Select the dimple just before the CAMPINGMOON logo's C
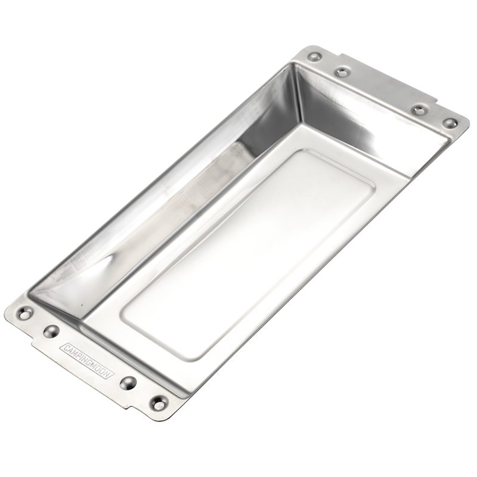click(x=51, y=331)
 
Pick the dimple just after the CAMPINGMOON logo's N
click(x=128, y=383)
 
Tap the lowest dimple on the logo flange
click(x=159, y=403)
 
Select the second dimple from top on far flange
click(x=341, y=73)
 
